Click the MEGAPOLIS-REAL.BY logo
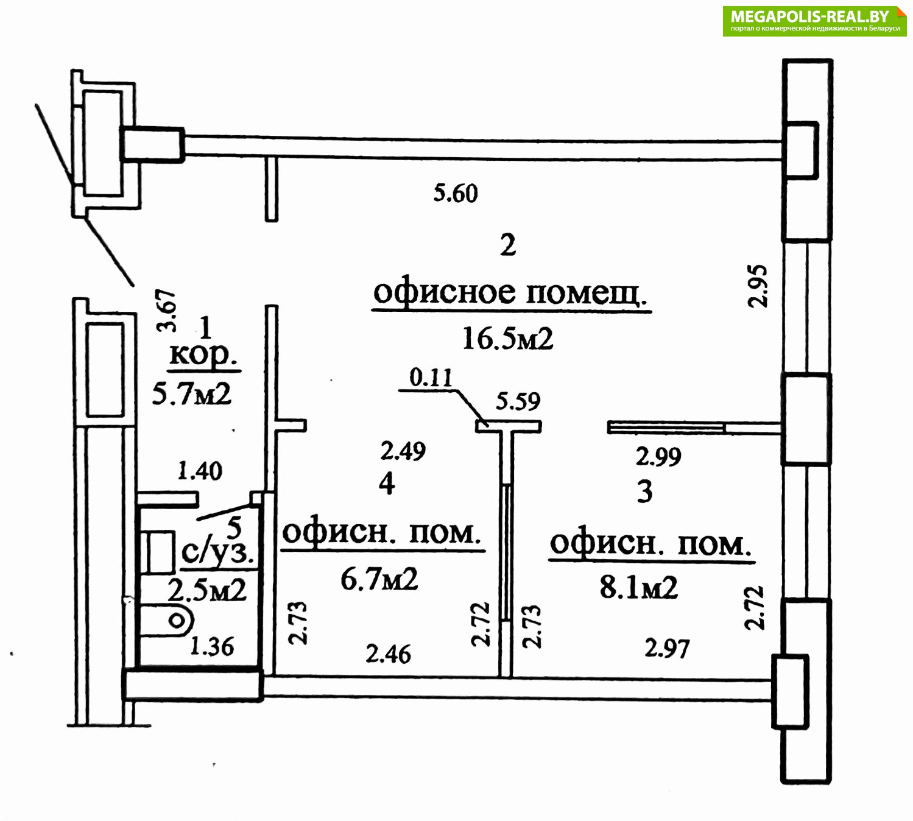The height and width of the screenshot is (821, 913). coord(814,21)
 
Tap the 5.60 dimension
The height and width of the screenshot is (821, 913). coord(455,193)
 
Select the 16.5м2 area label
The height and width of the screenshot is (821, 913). coord(507,339)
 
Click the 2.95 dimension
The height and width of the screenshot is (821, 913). coord(758,286)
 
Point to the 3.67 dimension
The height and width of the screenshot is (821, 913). coord(166,311)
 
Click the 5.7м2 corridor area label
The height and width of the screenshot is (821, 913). coord(192,393)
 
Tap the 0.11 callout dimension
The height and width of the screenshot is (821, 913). coord(431,378)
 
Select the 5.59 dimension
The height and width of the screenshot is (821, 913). coord(518,401)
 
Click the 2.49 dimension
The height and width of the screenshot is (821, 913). coord(403,451)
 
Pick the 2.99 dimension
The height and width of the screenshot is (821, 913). coord(658,456)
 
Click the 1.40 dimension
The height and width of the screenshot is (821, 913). coord(199,471)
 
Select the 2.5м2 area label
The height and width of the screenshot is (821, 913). coord(207,591)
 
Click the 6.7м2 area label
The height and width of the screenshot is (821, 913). coord(379,579)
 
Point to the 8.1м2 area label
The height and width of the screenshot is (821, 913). coord(638,587)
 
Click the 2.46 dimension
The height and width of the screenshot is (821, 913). coord(388,654)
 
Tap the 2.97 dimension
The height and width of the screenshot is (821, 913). coord(667,648)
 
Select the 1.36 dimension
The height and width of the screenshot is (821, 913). coord(211,646)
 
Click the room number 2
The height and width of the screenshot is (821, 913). coord(508,245)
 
